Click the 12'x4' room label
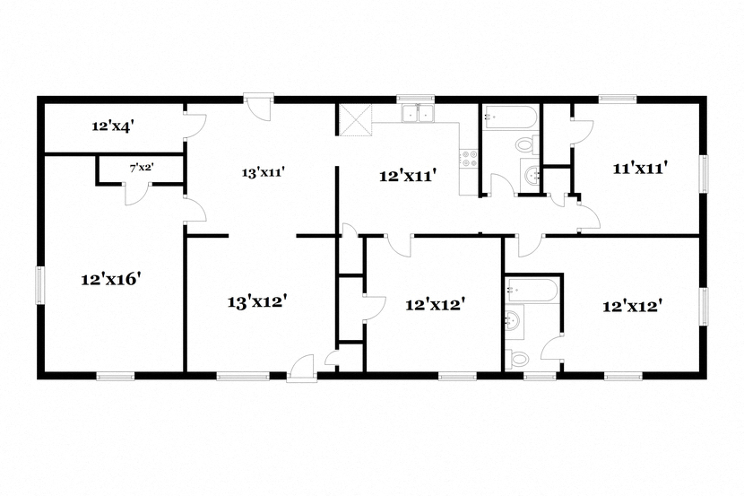coord(112,126)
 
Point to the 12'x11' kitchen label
coord(407,177)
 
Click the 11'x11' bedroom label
coord(641,167)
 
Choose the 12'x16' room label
coord(111,279)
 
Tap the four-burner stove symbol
coord(468,159)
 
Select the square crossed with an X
coord(355,117)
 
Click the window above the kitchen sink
coord(416,98)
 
